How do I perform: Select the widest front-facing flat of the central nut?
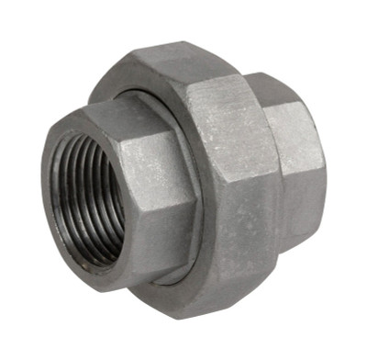[229, 165]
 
